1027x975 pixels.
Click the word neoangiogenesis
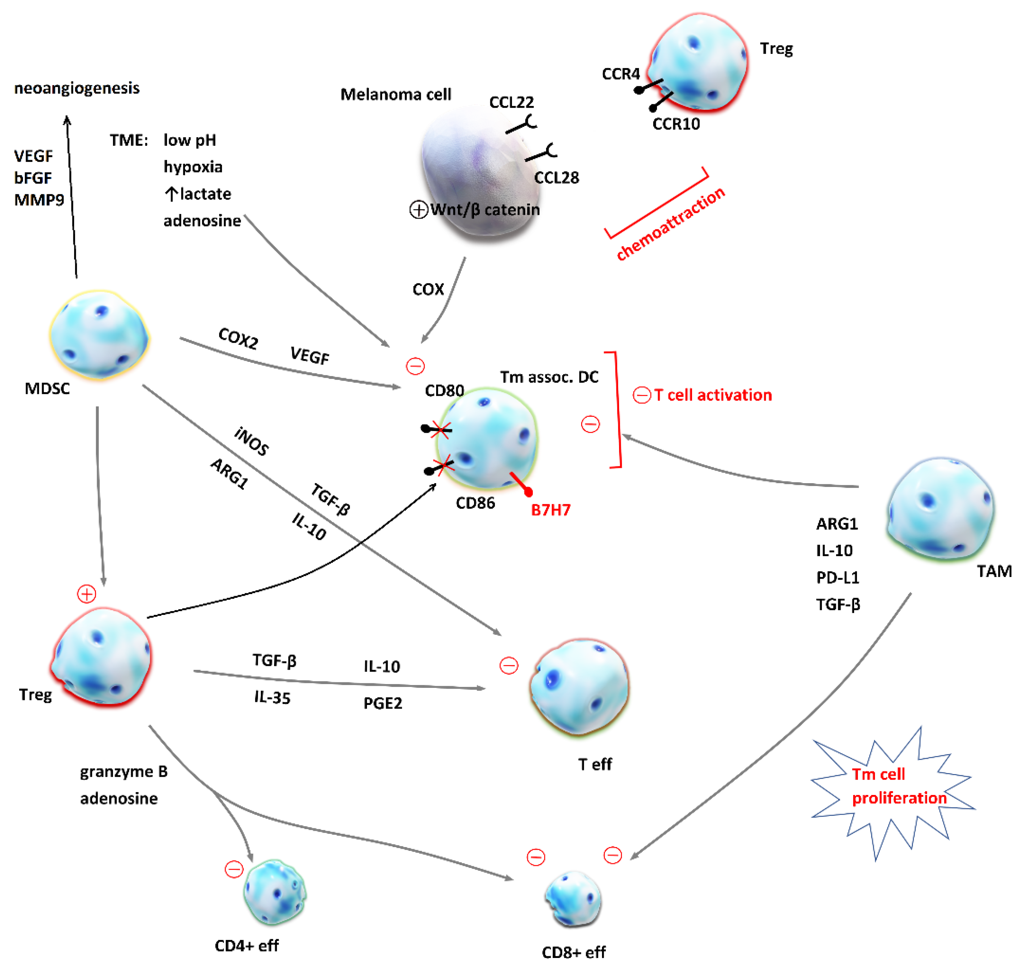click(77, 88)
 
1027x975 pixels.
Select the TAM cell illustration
click(940, 509)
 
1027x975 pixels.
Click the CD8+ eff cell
click(573, 899)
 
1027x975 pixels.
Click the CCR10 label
click(676, 124)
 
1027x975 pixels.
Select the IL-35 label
click(272, 698)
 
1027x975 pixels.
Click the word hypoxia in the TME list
click(193, 167)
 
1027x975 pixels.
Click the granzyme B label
click(124, 772)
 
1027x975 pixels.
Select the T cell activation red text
click(712, 395)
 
